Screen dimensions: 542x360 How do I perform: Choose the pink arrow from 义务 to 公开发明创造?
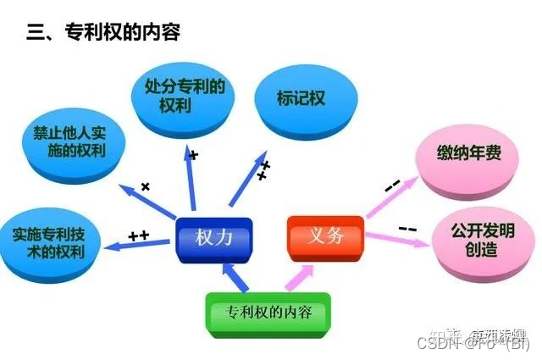tap(398, 238)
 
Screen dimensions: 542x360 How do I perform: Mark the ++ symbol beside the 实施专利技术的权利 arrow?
tap(138, 234)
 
